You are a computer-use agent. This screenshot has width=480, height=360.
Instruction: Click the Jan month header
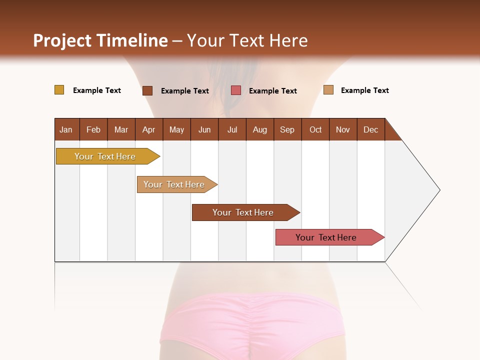[66, 129]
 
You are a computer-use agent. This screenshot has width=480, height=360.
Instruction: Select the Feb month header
[93, 129]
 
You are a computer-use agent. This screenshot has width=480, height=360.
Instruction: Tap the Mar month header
[121, 129]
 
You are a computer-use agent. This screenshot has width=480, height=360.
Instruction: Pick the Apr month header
[149, 129]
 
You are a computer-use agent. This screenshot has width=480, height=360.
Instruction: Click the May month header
[176, 129]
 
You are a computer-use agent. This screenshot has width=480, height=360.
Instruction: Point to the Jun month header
[204, 129]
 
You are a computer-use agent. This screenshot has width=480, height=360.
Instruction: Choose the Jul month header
[232, 129]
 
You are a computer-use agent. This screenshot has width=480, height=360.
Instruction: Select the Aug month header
[260, 129]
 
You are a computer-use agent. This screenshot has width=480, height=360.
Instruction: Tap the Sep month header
[287, 129]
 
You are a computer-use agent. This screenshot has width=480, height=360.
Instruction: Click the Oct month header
[315, 129]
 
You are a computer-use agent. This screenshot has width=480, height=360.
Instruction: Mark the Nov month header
[343, 129]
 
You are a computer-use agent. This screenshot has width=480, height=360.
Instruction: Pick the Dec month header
[371, 129]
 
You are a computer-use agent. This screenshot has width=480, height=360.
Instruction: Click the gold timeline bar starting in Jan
[105, 156]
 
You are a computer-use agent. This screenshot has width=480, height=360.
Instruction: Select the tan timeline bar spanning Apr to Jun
[174, 184]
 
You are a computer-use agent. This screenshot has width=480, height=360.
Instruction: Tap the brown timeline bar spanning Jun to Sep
[243, 212]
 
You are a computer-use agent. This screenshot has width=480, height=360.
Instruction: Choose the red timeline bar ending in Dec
[326, 237]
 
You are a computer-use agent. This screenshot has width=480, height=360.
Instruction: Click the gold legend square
[59, 90]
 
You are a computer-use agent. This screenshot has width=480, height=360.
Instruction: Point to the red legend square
[236, 90]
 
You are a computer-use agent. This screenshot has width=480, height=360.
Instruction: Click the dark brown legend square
[147, 90]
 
